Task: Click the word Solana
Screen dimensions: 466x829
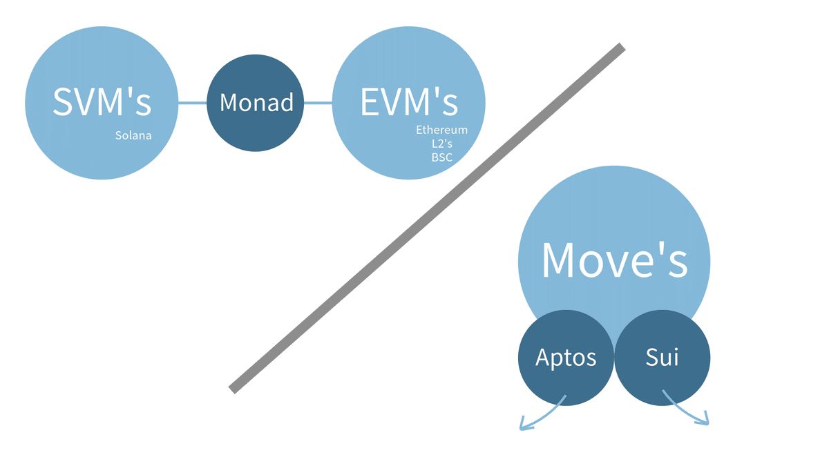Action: pyautogui.click(x=133, y=135)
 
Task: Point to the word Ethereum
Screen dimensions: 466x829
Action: pyautogui.click(x=441, y=130)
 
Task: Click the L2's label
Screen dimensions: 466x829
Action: pyautogui.click(x=441, y=144)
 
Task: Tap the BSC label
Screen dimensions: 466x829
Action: pyautogui.click(x=441, y=157)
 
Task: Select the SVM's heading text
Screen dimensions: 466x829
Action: pyautogui.click(x=102, y=102)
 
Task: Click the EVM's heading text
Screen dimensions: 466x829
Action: pyautogui.click(x=409, y=102)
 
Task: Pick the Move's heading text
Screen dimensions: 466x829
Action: pyautogui.click(x=614, y=260)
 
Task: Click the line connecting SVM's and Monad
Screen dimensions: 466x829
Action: pyautogui.click(x=193, y=103)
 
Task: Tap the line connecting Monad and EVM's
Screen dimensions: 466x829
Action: pyautogui.click(x=318, y=103)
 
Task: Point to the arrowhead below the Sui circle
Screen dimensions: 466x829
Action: pyautogui.click(x=705, y=420)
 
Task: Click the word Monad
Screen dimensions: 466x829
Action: pyautogui.click(x=256, y=103)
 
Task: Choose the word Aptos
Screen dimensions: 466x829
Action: pyautogui.click(x=566, y=358)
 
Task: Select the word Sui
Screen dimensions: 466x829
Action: pyautogui.click(x=663, y=358)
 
